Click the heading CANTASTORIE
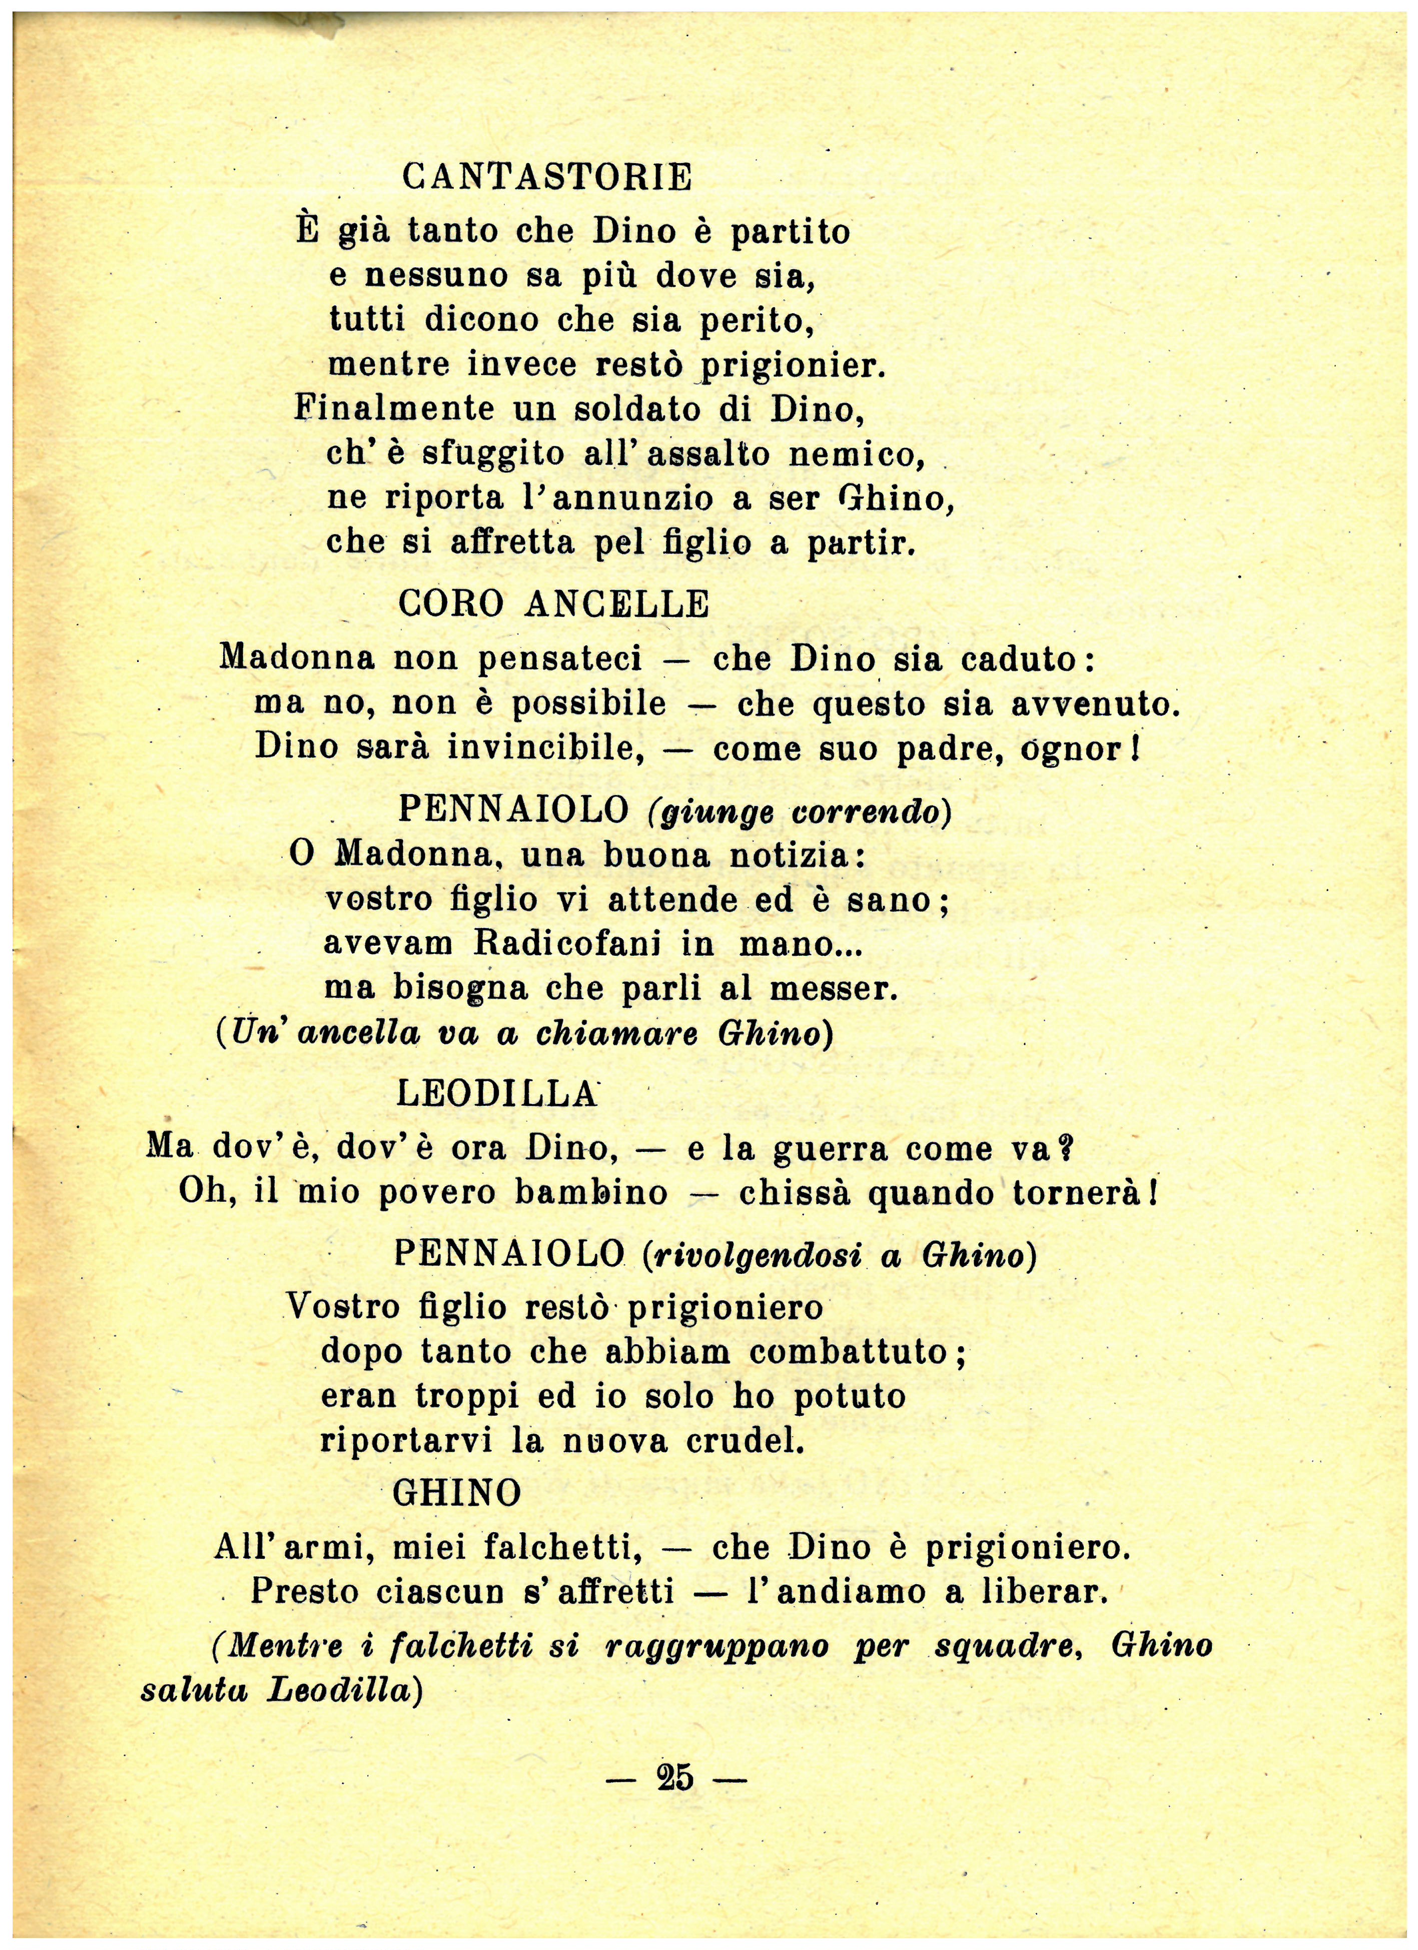tap(547, 178)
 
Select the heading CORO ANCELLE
tap(554, 604)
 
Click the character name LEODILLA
tap(496, 1094)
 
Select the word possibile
tap(589, 704)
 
